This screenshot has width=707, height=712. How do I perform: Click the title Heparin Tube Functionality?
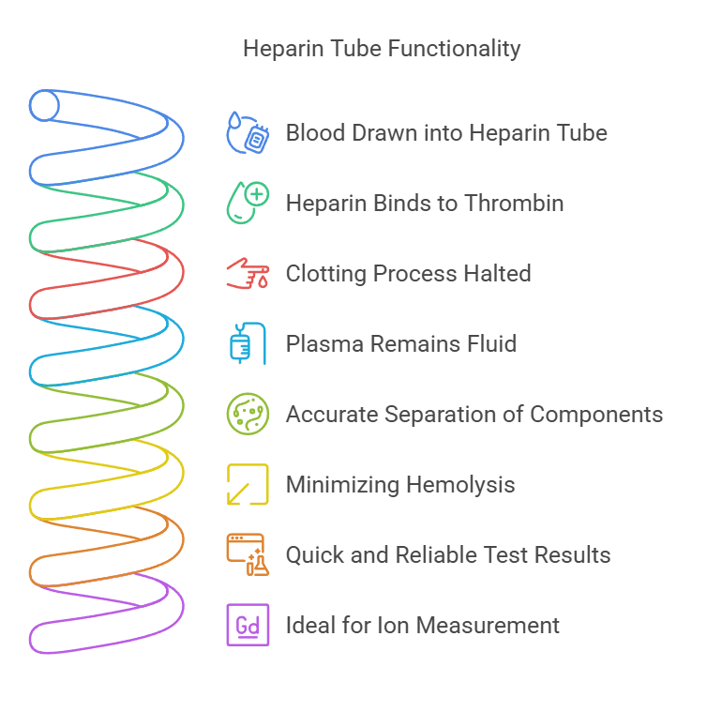[x=382, y=49]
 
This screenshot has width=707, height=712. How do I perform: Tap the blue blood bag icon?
[x=248, y=132]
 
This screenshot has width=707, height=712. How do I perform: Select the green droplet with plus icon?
[x=248, y=203]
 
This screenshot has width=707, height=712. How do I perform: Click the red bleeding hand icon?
[x=248, y=273]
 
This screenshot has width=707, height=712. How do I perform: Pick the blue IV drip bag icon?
[x=248, y=343]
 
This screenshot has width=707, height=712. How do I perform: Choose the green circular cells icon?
[x=248, y=414]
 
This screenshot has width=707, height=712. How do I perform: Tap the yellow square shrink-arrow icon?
[x=248, y=484]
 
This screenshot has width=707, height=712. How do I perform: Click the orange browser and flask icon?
[x=248, y=554]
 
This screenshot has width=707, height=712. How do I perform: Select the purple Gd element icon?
[x=248, y=625]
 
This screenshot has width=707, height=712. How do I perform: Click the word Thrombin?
[x=514, y=203]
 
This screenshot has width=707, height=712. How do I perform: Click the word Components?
[x=596, y=415]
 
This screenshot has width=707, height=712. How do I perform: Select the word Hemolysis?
[x=460, y=485]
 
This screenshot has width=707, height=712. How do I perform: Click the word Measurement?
[x=488, y=626]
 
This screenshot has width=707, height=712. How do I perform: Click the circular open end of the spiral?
[x=44, y=106]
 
